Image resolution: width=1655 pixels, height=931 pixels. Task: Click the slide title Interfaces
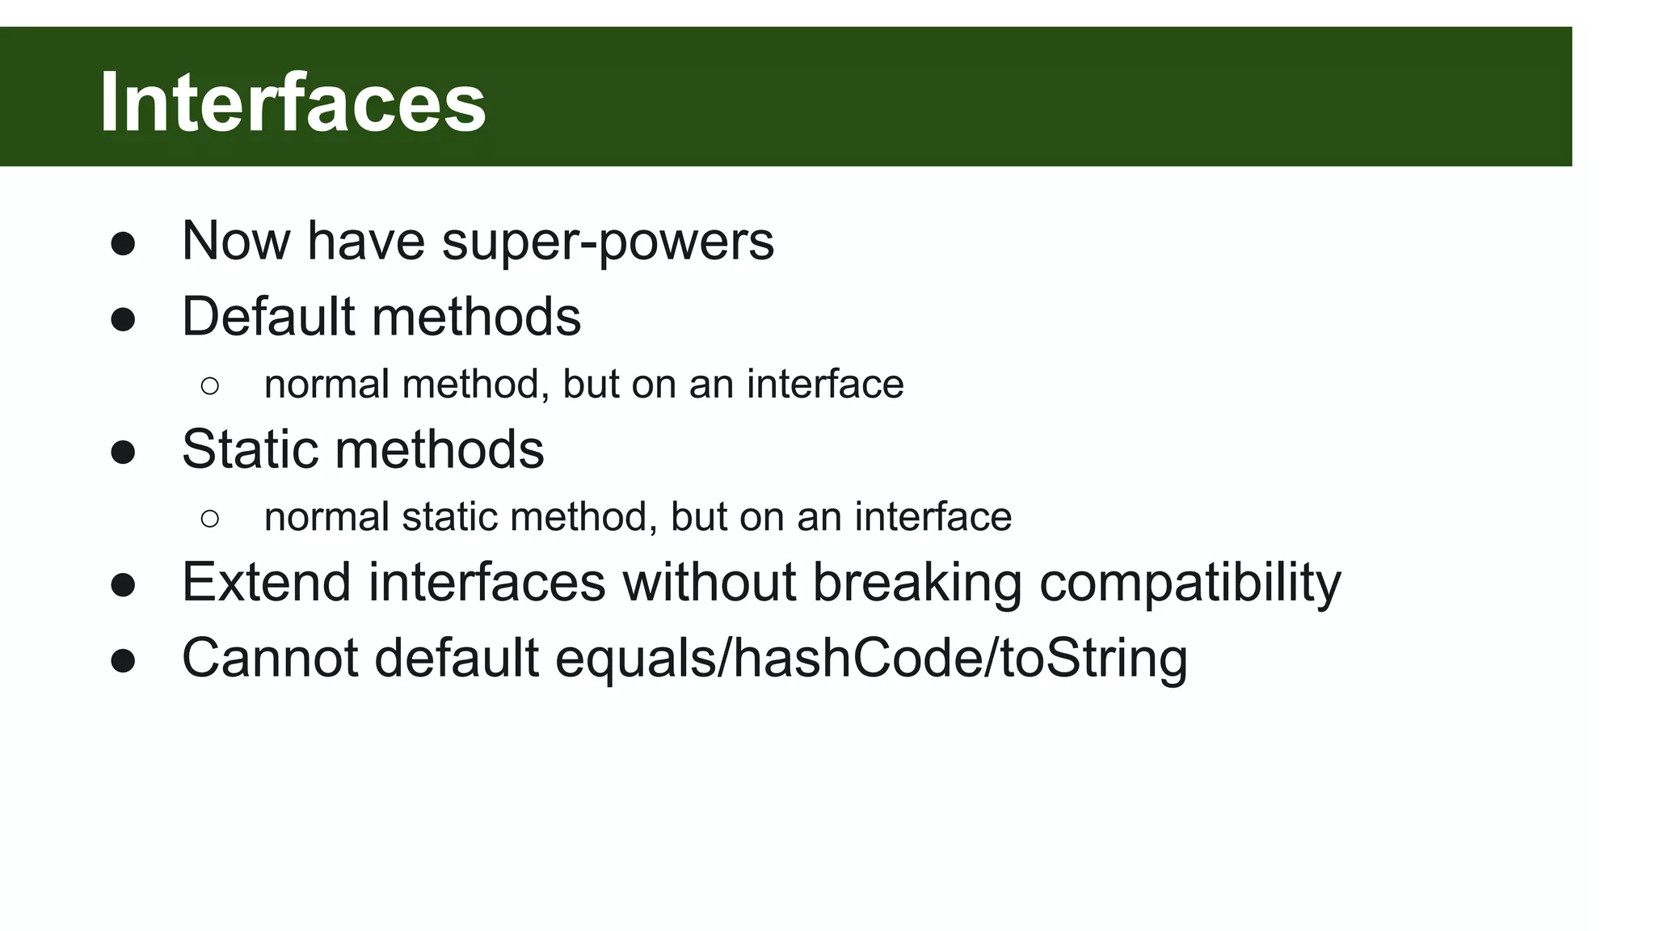(x=293, y=103)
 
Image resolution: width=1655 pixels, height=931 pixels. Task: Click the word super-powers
(x=608, y=242)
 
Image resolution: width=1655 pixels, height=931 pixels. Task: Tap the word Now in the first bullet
(x=235, y=242)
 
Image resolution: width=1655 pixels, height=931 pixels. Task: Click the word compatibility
(x=1190, y=583)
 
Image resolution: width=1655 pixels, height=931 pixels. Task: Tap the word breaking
(x=917, y=583)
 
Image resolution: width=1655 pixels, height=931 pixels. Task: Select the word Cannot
(x=270, y=658)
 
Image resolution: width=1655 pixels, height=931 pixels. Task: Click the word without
(x=710, y=582)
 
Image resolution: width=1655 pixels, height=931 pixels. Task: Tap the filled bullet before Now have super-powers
(x=123, y=245)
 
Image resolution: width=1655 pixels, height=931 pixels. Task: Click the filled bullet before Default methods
(x=123, y=320)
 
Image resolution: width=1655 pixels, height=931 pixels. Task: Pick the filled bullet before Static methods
(x=123, y=453)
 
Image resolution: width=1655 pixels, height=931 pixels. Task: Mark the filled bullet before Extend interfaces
(x=123, y=586)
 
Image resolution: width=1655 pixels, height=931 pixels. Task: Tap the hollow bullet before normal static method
(x=209, y=519)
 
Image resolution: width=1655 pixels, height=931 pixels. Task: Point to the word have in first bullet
(x=365, y=242)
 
